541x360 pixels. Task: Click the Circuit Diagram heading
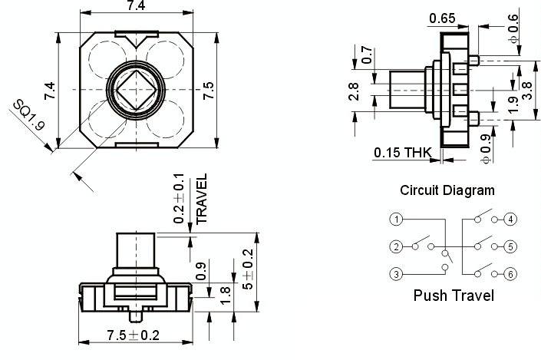447,190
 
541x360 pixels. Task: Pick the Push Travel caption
454,296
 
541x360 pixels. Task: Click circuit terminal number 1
396,220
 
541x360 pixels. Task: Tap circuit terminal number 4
510,220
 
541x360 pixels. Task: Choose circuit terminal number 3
396,274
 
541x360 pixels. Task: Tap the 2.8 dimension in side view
354,91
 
